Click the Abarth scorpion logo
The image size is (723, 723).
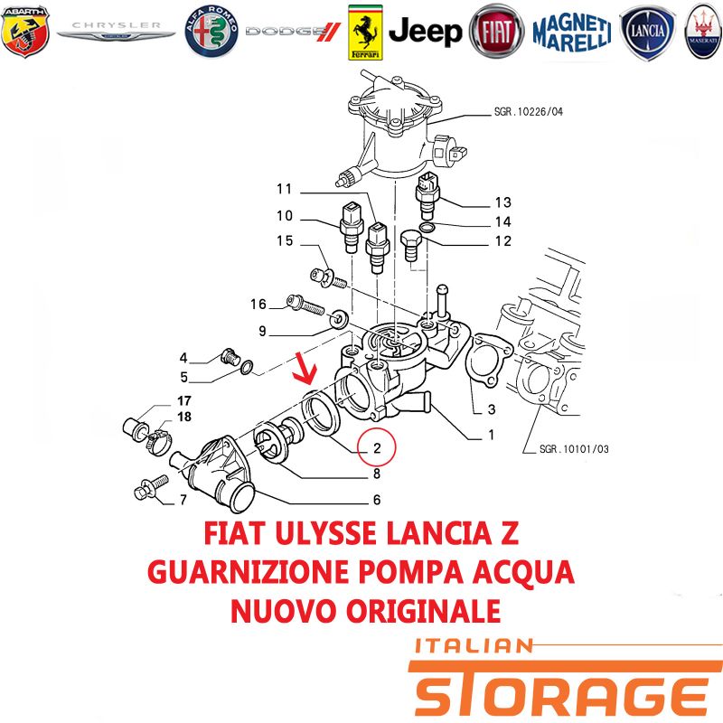tap(25, 32)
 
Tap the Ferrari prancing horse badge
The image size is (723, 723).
tap(365, 33)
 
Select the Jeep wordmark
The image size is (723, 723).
tap(425, 32)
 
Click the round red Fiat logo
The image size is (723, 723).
tap(496, 32)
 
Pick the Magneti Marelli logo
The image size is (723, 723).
tap(572, 33)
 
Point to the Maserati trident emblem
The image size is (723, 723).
tap(703, 31)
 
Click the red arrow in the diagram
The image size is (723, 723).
tap(306, 368)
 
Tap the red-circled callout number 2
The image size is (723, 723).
tap(377, 446)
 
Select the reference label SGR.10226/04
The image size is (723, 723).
tap(529, 111)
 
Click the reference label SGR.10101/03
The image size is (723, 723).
tap(574, 448)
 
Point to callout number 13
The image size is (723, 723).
tap(503, 202)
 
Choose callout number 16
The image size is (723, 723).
tap(258, 304)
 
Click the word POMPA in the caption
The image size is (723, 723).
tap(411, 572)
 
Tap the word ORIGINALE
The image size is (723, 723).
tap(423, 611)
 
